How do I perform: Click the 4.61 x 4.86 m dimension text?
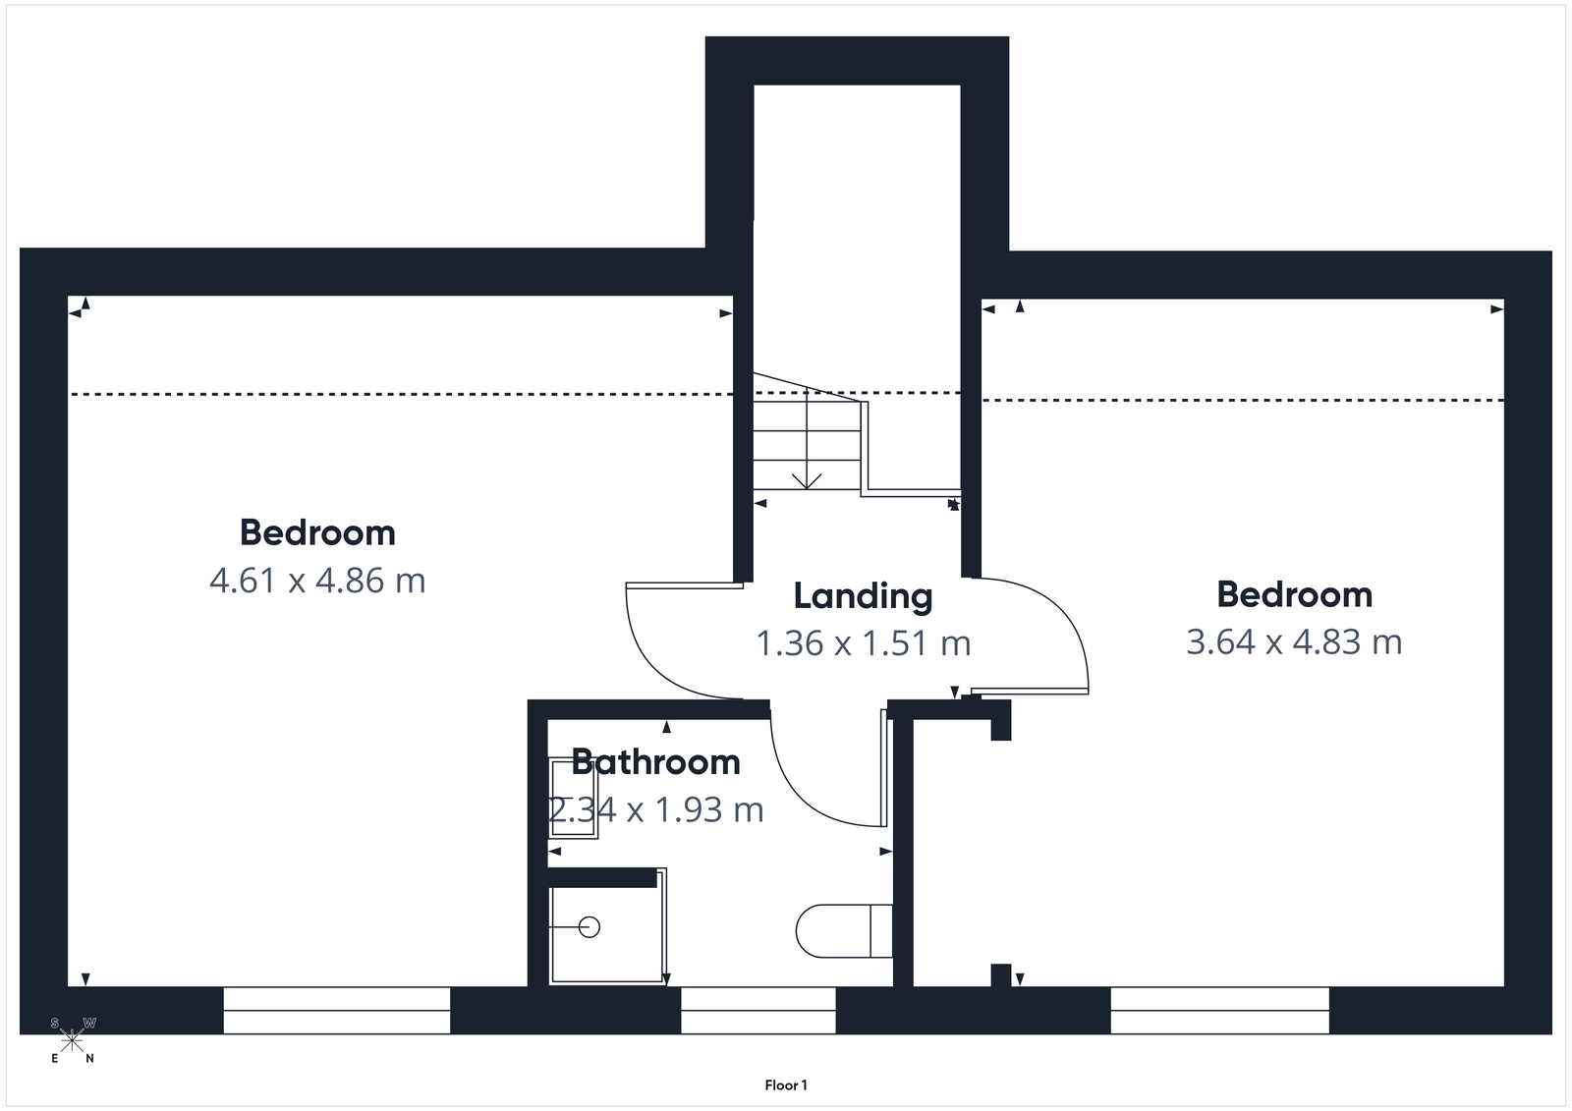(317, 581)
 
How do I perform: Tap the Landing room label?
(863, 596)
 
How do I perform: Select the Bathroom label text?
(655, 762)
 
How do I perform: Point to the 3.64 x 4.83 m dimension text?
(1294, 642)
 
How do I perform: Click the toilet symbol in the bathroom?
(842, 931)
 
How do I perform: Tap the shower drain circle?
(589, 926)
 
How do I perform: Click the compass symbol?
(73, 1040)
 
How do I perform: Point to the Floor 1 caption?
(786, 1085)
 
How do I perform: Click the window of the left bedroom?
(337, 1010)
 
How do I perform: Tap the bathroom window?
(758, 1010)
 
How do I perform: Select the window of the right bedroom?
(1220, 1010)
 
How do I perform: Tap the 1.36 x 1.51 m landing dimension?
(863, 643)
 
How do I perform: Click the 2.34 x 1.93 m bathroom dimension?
(656, 810)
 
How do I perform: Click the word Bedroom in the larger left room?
(317, 532)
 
